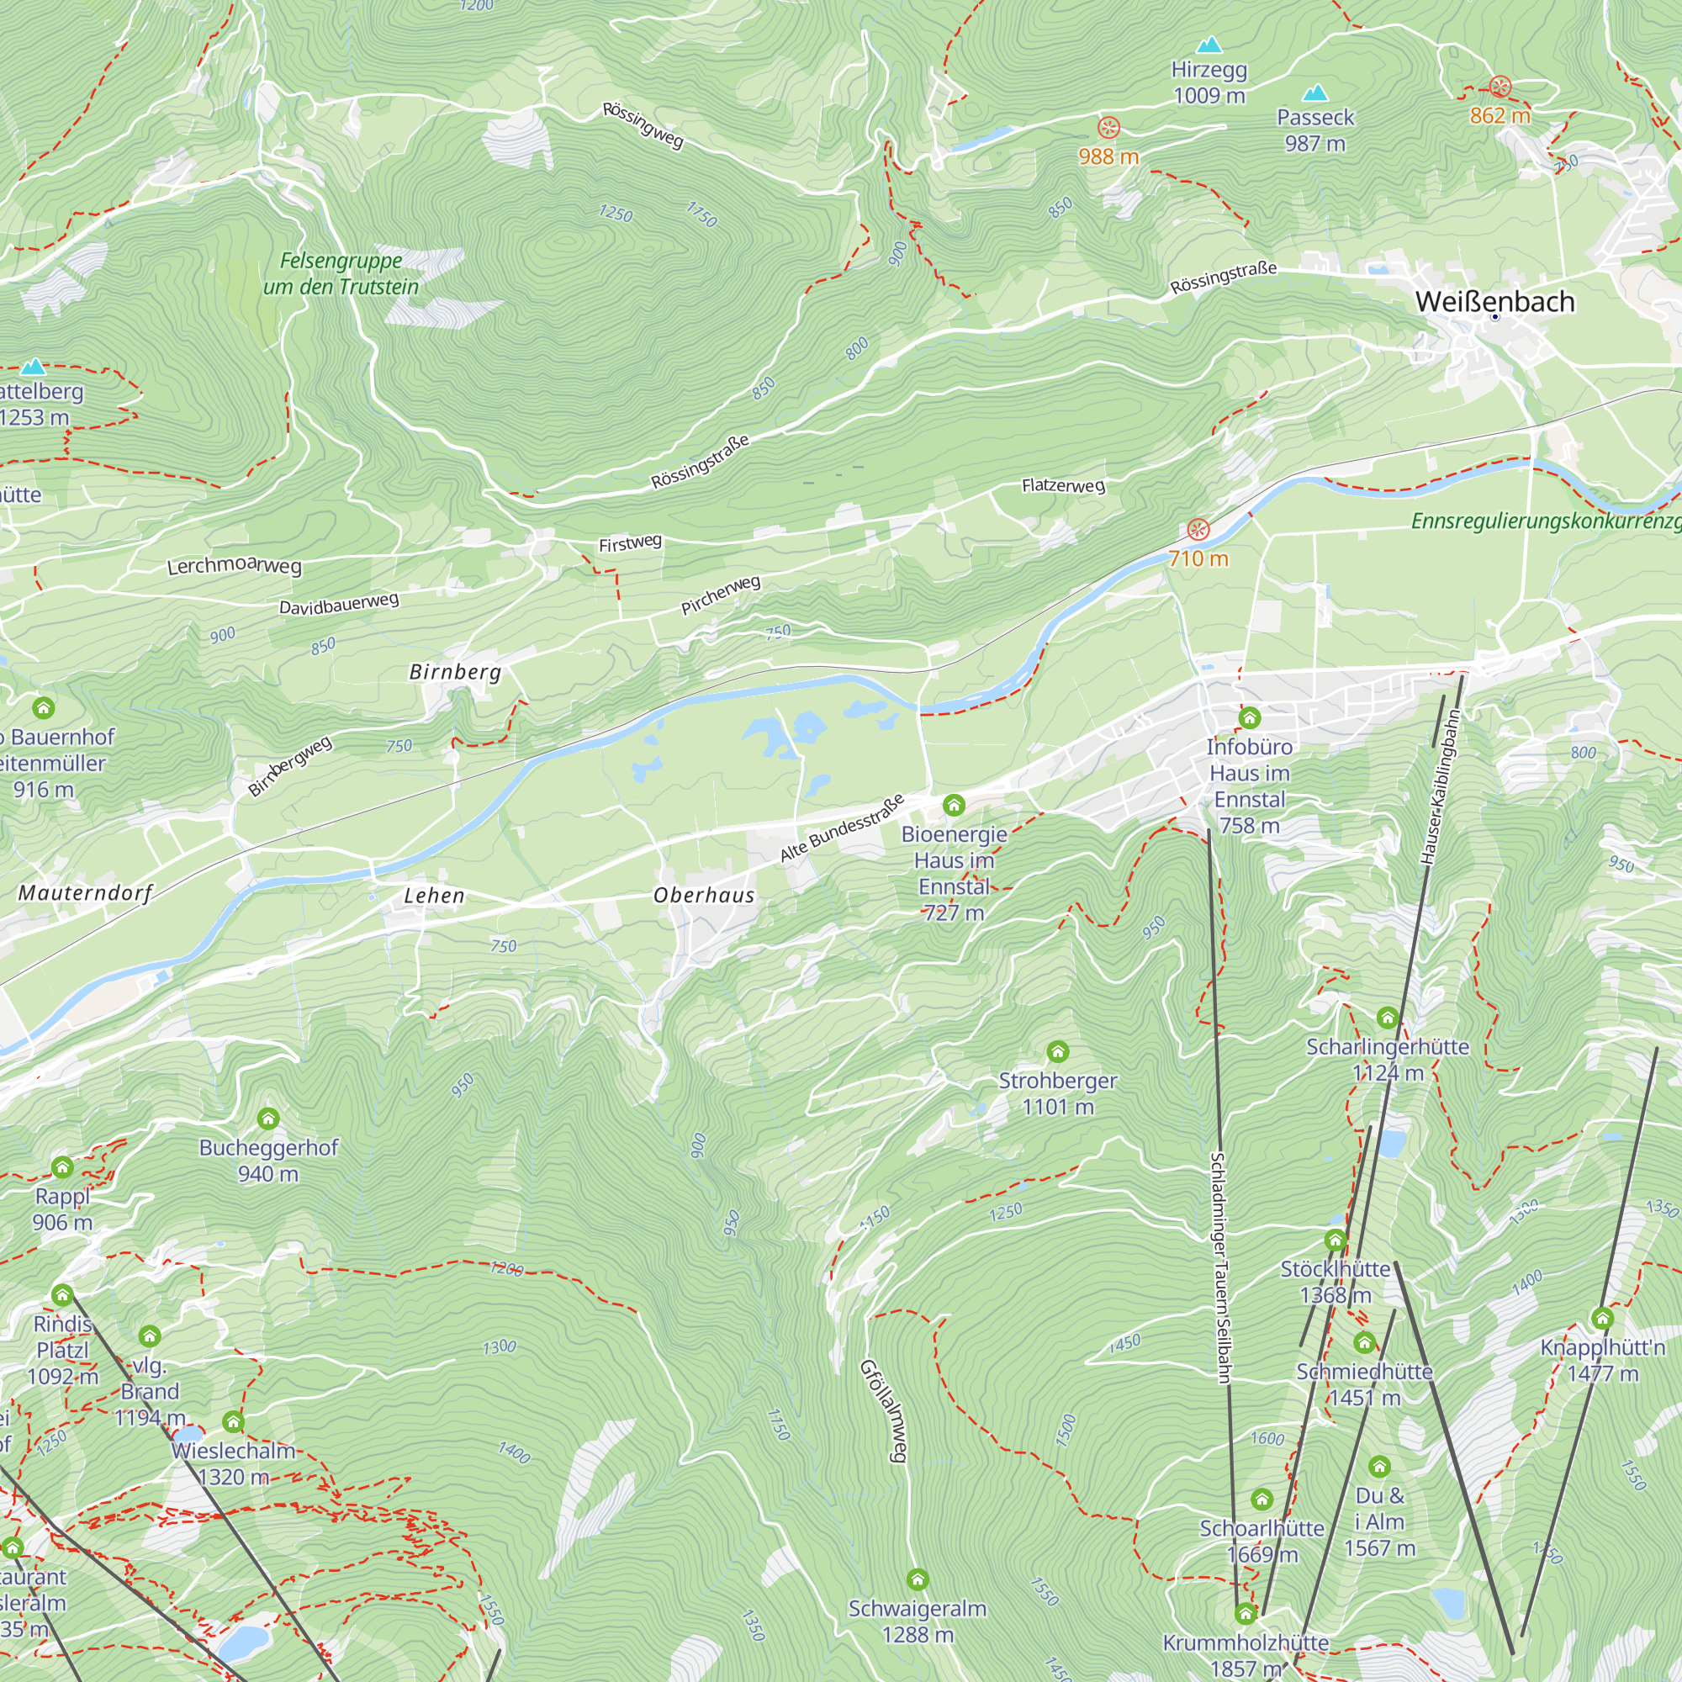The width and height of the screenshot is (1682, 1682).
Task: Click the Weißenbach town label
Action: click(1494, 301)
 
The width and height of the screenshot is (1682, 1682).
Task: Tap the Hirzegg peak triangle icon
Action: click(1209, 45)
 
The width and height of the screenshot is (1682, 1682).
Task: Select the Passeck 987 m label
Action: click(1315, 130)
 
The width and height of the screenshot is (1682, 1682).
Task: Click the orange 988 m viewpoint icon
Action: click(1108, 128)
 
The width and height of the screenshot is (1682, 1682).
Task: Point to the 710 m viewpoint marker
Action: click(1198, 529)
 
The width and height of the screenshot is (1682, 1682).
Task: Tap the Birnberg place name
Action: click(455, 671)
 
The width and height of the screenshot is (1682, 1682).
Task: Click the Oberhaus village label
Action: click(703, 895)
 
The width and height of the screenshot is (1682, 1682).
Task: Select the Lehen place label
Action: click(434, 895)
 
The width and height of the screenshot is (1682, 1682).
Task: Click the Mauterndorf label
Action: click(85, 892)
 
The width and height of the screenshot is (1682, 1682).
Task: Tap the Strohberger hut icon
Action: click(1058, 1052)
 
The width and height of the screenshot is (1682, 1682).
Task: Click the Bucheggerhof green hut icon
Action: click(268, 1119)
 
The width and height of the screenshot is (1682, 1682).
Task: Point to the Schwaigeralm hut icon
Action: click(918, 1579)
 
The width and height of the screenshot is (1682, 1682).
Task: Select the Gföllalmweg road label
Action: click(885, 1410)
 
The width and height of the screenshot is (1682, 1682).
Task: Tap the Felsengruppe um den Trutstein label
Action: click(341, 273)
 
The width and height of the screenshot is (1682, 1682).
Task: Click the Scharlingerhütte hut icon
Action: click(1388, 1018)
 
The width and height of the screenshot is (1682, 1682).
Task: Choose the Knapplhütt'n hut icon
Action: click(1603, 1318)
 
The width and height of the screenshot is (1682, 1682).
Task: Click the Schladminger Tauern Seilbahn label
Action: click(1219, 1267)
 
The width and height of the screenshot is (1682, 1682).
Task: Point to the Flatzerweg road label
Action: click(1063, 485)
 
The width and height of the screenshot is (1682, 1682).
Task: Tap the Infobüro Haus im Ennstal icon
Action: click(1251, 718)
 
